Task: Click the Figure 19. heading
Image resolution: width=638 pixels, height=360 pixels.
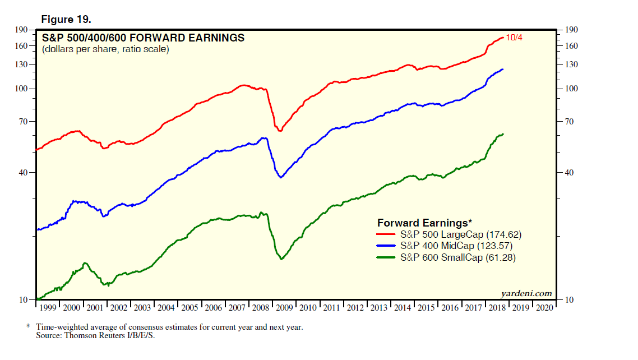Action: [66, 20]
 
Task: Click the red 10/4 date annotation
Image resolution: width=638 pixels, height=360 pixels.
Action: [514, 38]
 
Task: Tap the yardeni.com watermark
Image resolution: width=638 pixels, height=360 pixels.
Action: [526, 293]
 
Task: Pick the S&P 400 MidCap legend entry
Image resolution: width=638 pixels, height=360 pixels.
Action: [456, 246]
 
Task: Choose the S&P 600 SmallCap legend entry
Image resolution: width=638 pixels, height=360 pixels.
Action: [458, 258]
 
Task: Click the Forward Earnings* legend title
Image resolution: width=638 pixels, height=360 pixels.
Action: [424, 223]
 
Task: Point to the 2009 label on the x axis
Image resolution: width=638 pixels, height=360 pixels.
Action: [285, 308]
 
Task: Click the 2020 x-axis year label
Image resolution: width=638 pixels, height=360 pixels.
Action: [544, 308]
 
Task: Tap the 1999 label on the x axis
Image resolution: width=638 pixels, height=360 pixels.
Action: [48, 308]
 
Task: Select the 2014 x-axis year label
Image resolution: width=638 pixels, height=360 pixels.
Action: [403, 308]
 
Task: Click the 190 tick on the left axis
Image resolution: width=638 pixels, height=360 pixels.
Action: [22, 30]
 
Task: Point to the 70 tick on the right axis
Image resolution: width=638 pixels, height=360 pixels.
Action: [570, 122]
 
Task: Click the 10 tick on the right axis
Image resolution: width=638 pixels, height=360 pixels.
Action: [570, 300]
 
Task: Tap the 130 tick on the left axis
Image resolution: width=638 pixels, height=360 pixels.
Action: [22, 64]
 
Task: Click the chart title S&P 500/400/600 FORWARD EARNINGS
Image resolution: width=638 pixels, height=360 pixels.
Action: [144, 38]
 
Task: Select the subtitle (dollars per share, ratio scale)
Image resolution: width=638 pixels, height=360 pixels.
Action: [105, 49]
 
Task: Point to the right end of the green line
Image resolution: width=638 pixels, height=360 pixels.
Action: [503, 134]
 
